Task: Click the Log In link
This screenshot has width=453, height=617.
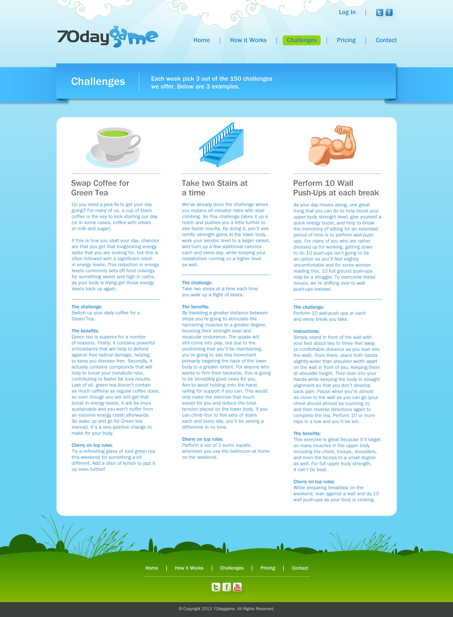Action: coord(347,12)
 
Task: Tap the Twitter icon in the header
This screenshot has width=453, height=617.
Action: coord(379,13)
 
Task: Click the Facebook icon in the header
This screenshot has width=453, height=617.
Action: coord(389,13)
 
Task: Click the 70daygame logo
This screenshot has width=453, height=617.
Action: coord(107,37)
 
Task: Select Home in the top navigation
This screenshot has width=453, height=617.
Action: coord(202,40)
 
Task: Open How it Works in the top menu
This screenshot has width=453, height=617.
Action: coord(248,40)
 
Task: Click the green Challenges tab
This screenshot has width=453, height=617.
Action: coord(302,40)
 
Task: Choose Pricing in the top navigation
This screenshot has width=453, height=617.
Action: coord(346,40)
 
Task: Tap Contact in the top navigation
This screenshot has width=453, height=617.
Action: coord(386,40)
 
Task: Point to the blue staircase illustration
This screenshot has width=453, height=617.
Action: coord(222,145)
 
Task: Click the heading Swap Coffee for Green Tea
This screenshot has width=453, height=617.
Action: coord(100,188)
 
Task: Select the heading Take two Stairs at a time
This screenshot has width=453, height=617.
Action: coord(214,188)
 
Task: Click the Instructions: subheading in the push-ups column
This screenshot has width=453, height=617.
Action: coord(306,331)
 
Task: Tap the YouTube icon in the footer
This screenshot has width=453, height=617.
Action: coord(237,587)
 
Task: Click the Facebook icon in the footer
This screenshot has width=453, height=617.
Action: coord(226,587)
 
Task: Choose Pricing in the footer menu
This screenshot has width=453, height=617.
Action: coord(268,568)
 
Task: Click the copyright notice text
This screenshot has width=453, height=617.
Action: coord(226,609)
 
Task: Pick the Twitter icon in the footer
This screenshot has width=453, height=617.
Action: coord(216,587)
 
